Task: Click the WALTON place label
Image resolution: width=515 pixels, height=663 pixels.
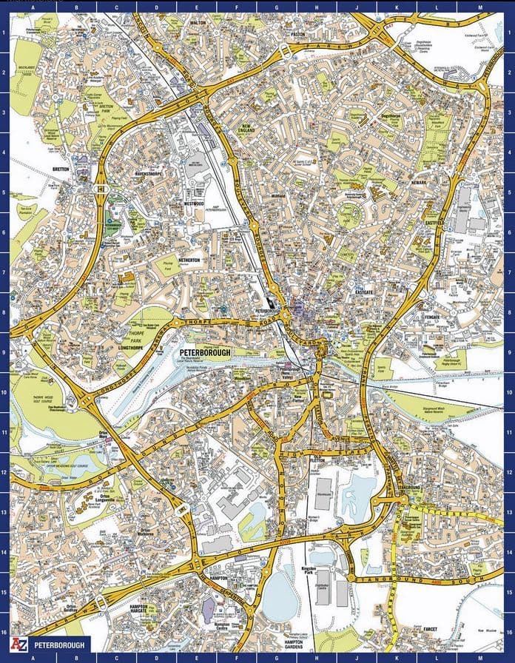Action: [198, 23]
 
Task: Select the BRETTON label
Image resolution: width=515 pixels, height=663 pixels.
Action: [61, 169]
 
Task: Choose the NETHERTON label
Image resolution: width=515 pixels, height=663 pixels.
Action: [189, 261]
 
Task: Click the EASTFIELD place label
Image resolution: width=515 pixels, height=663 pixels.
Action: [433, 222]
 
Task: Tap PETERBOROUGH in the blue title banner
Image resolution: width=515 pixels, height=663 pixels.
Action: [59, 645]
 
